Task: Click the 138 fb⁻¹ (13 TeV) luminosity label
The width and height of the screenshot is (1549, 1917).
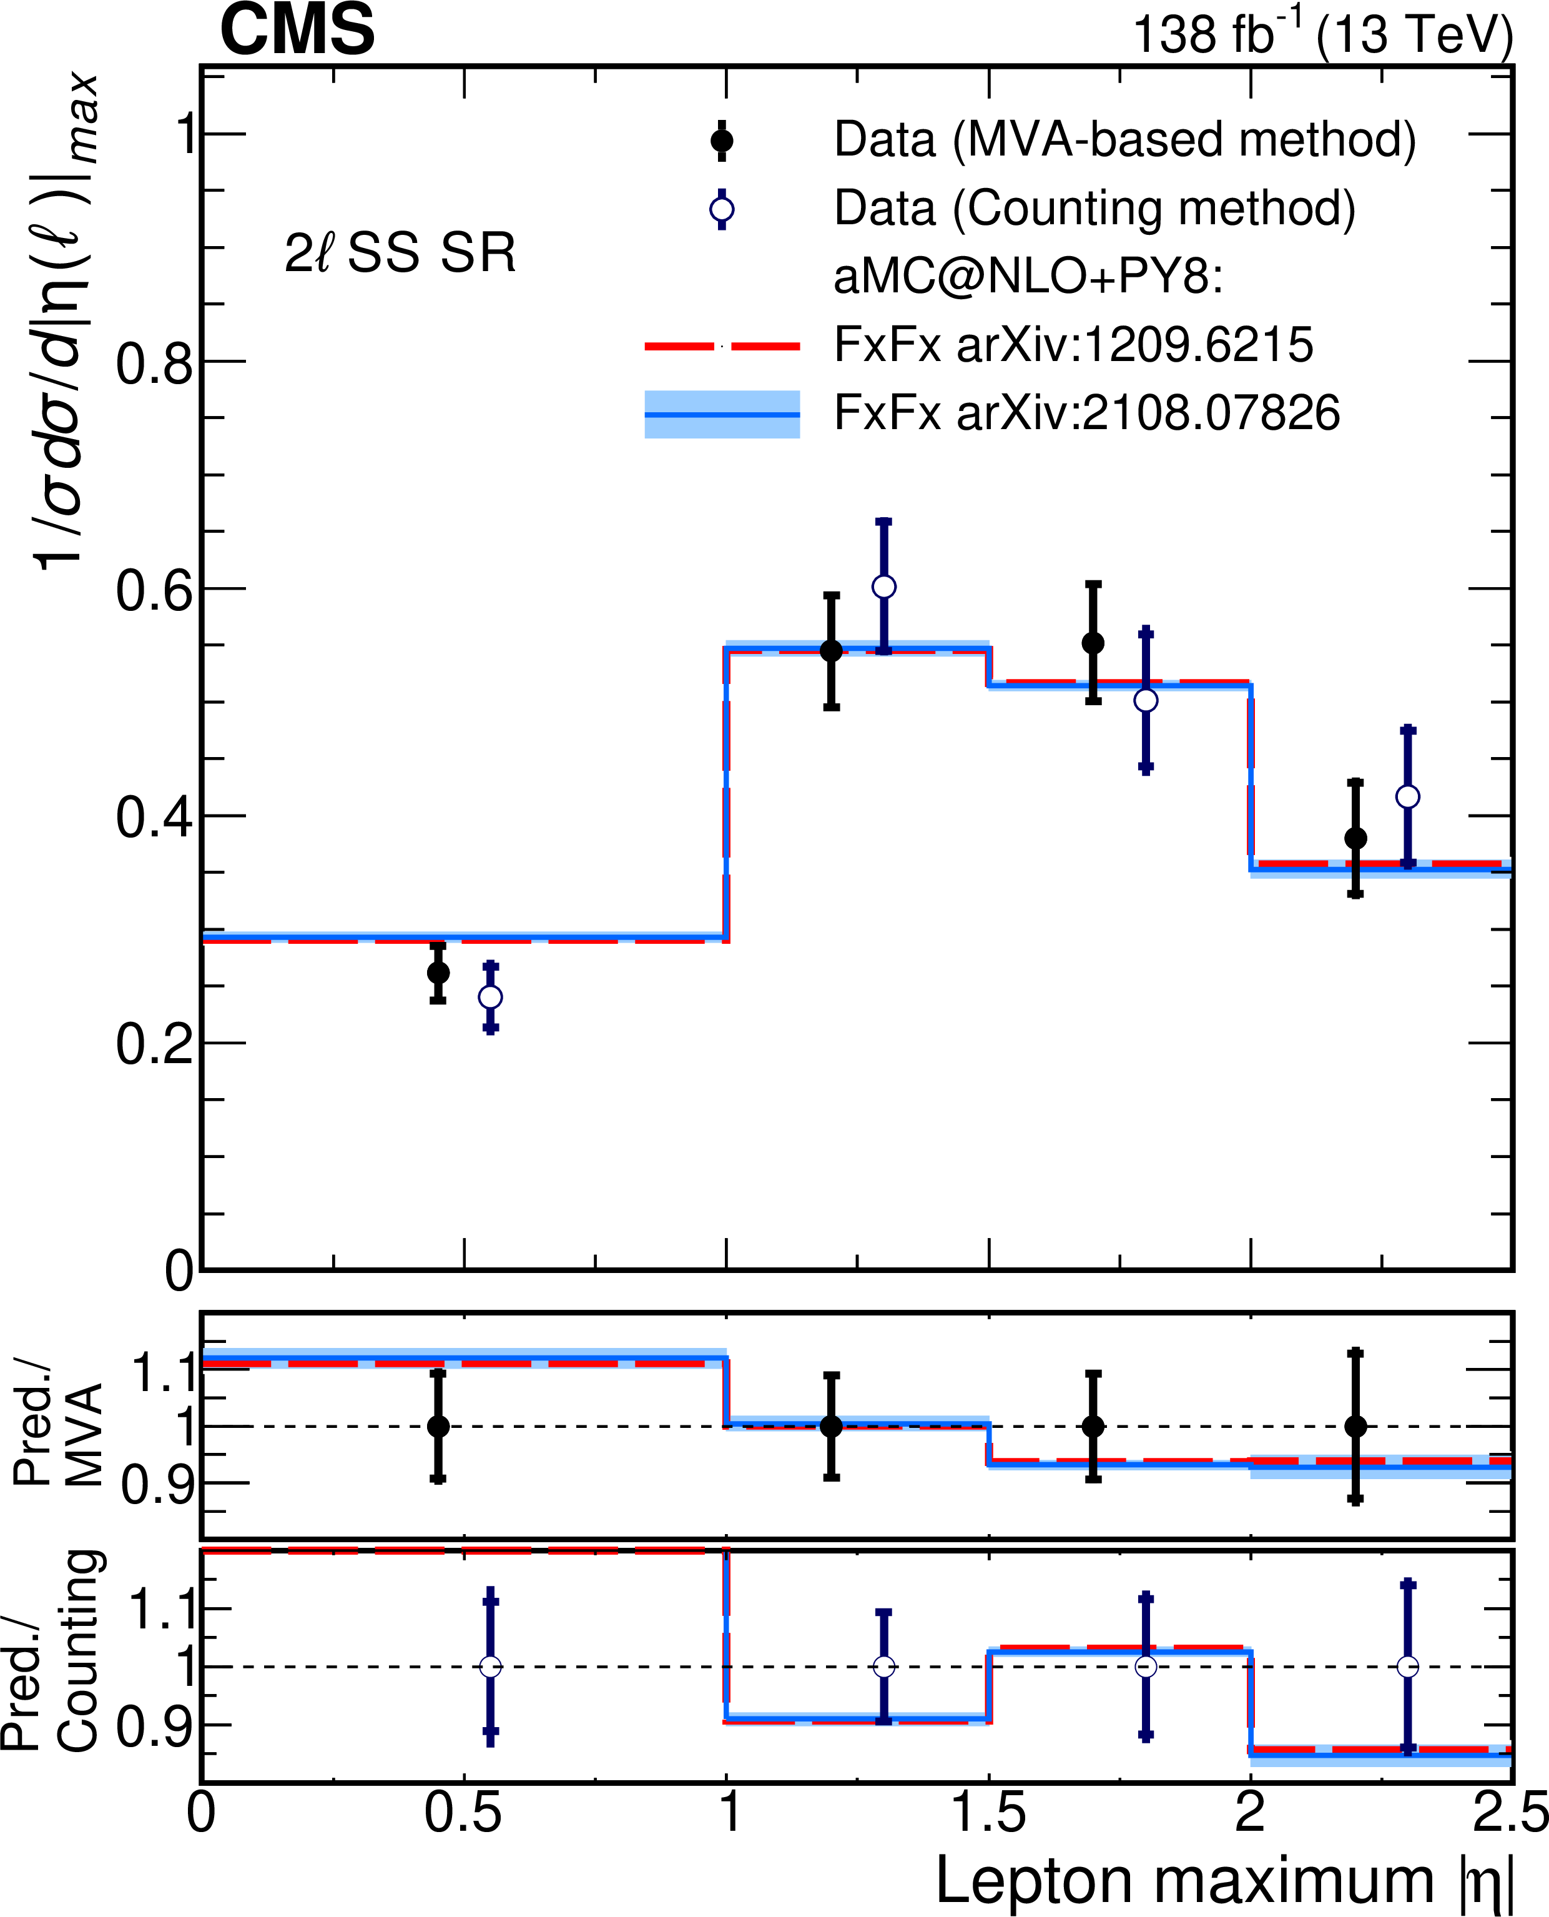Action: pos(1322,34)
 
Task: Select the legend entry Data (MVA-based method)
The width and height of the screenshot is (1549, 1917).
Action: pos(1124,140)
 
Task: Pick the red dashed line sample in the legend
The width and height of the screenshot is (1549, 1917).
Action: pos(722,345)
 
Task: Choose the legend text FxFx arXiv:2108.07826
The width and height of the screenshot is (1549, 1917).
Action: pos(1087,414)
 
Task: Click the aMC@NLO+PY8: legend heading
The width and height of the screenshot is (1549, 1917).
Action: pos(1028,277)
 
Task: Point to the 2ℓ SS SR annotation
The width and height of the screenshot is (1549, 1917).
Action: pos(400,254)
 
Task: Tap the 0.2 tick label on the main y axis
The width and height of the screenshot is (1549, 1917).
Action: pos(154,1043)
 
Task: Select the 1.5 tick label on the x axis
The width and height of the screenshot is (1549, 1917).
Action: pos(988,1813)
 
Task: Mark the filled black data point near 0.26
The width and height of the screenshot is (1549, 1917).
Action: pos(438,972)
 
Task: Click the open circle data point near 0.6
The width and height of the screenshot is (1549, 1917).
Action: pos(883,587)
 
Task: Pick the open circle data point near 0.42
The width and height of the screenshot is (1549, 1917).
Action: pos(1407,796)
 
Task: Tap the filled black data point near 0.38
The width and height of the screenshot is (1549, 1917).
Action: pos(1355,838)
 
